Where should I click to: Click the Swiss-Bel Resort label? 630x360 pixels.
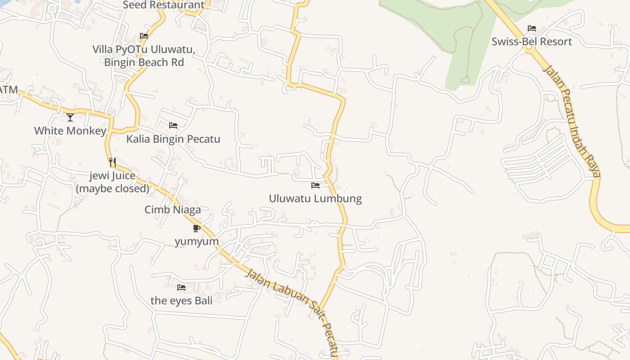(x=531, y=41)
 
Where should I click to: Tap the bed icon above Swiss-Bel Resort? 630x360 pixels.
(x=532, y=28)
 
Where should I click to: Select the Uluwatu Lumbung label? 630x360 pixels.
(x=315, y=198)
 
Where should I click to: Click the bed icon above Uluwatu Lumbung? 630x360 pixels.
(x=315, y=185)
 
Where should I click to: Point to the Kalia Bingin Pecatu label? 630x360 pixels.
(x=173, y=139)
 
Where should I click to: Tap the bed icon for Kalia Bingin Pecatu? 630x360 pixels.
(x=173, y=126)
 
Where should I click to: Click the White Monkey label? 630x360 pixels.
(x=70, y=130)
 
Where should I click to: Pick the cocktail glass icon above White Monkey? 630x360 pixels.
(x=70, y=117)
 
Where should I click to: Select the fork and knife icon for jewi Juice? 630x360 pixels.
(x=112, y=162)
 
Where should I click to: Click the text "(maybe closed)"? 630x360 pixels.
(x=112, y=188)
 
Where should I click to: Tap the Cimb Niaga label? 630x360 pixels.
(x=172, y=209)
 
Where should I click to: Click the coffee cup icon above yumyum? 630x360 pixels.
(x=196, y=228)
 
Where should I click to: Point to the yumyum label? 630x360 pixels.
(x=197, y=241)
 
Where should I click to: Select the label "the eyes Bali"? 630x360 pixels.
(x=181, y=300)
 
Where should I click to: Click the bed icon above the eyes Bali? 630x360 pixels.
(x=181, y=287)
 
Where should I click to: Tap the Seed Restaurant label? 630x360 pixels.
(x=163, y=5)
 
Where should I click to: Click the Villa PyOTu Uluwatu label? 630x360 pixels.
(x=144, y=49)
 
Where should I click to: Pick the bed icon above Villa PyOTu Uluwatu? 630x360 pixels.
(x=144, y=36)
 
